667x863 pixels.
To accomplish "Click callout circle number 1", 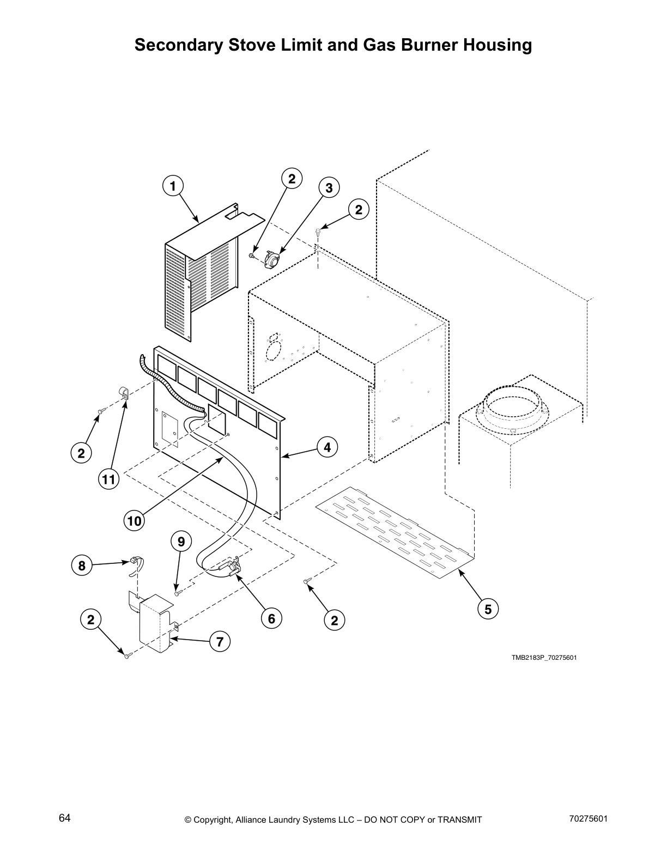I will (x=173, y=186).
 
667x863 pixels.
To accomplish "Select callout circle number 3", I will (x=329, y=189).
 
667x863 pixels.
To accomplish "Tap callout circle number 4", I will (x=327, y=448).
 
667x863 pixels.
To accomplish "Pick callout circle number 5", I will (x=488, y=609).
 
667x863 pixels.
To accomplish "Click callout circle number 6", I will (x=271, y=618).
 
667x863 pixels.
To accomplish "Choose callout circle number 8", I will (x=82, y=566).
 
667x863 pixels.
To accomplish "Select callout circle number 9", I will (x=181, y=542).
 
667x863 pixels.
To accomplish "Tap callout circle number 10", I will (x=134, y=521).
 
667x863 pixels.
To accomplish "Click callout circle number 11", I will (x=108, y=479).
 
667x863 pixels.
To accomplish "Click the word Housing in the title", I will (x=498, y=45).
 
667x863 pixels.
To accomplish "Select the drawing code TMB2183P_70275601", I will (x=543, y=658).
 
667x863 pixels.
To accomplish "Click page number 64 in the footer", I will (x=64, y=818).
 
